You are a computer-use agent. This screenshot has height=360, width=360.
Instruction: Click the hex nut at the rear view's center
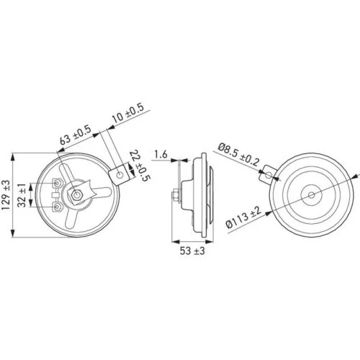pyautogui.click(x=76, y=194)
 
